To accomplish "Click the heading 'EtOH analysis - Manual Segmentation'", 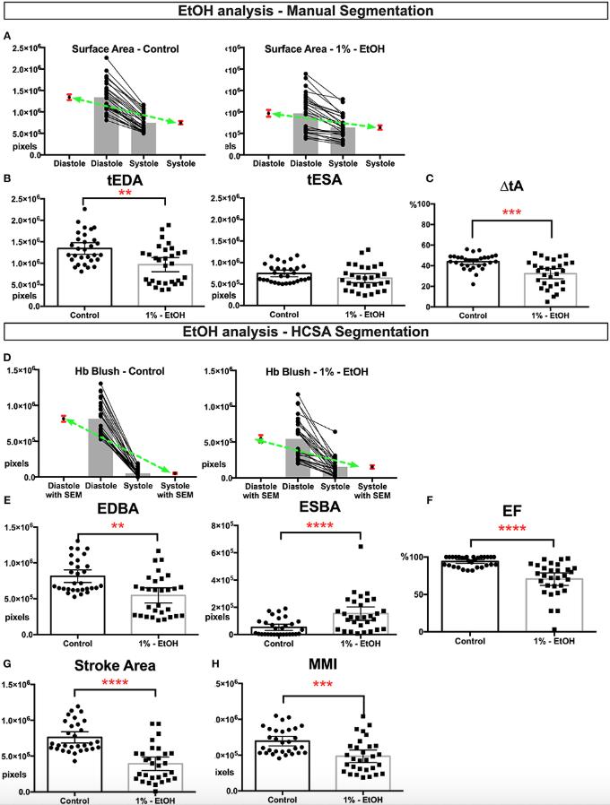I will click(306, 12).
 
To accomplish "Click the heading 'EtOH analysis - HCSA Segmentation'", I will click(306, 333).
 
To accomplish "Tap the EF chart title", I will click(511, 512).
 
